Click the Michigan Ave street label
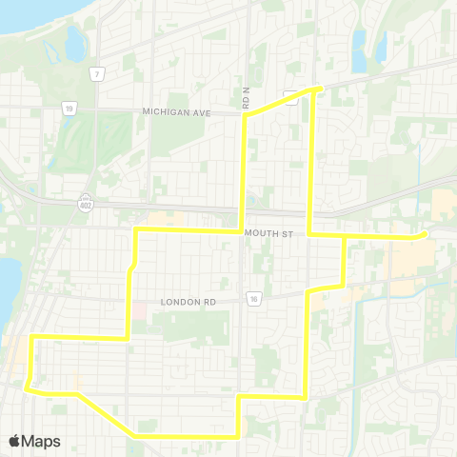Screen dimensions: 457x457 click(x=175, y=111)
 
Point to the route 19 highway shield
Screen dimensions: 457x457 click(x=70, y=109)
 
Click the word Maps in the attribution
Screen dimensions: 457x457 click(x=42, y=441)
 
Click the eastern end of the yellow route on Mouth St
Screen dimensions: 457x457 click(x=424, y=234)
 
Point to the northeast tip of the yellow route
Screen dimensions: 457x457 click(x=317, y=89)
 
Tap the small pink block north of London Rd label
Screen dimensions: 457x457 click(x=139, y=310)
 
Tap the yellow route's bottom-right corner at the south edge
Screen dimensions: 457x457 click(x=237, y=436)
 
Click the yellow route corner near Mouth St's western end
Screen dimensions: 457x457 click(x=137, y=230)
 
